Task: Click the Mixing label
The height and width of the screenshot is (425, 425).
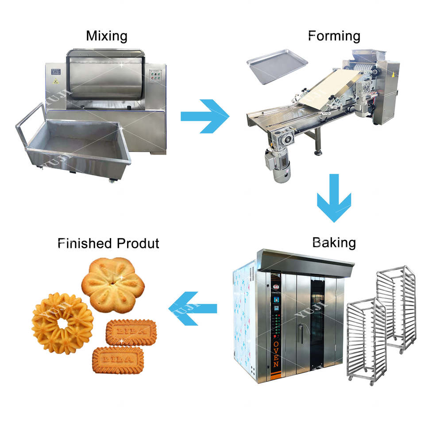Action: click(107, 35)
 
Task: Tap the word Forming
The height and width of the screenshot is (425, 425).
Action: click(334, 35)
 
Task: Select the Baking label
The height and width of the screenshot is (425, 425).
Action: click(333, 242)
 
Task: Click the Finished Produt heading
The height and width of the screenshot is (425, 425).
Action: click(108, 243)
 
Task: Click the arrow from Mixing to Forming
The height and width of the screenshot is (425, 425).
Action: click(205, 116)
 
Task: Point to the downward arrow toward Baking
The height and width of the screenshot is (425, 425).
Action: click(334, 198)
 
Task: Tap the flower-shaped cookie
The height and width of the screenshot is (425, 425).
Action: click(113, 285)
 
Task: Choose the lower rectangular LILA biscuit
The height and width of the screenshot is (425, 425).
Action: click(118, 359)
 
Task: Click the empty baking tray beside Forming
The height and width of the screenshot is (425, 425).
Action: click(277, 67)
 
